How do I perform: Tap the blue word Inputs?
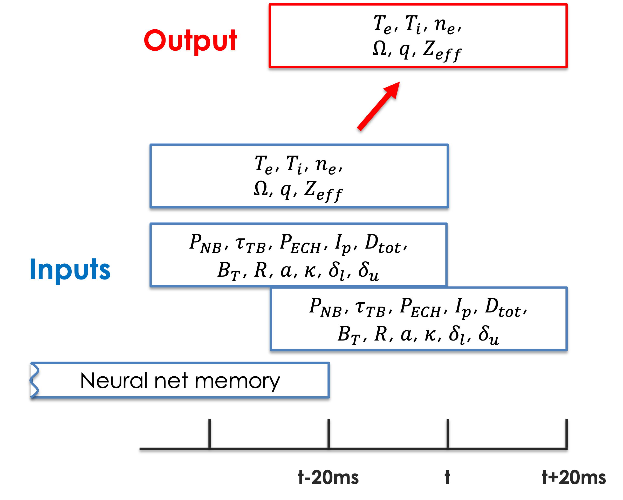coord(70,270)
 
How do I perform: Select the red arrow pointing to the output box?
coord(379,106)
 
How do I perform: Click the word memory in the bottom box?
coord(237,381)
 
